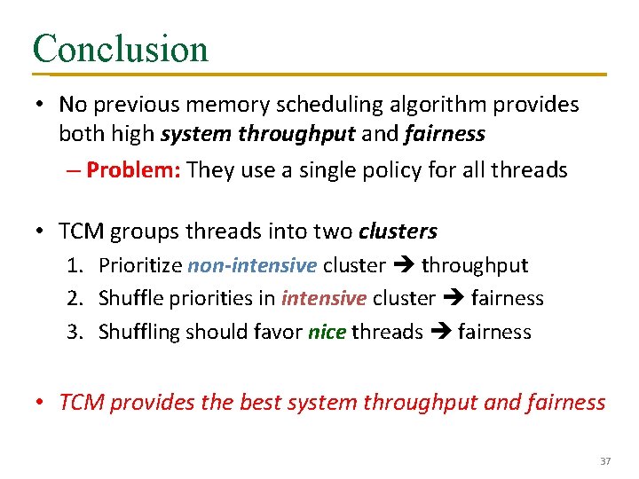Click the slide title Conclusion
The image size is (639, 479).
(x=120, y=48)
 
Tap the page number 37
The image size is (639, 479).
(x=606, y=461)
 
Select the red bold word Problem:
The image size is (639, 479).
(x=134, y=170)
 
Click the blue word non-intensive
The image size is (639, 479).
(x=252, y=265)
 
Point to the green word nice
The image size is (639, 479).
(x=327, y=332)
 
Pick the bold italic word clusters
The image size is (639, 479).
(x=398, y=232)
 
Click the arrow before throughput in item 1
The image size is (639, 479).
(x=403, y=265)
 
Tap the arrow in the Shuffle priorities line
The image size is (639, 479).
(x=453, y=299)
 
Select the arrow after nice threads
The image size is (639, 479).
(x=440, y=332)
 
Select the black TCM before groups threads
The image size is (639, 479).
(x=80, y=232)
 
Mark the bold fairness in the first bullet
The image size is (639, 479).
(x=444, y=134)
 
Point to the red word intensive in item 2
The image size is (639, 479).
(x=323, y=299)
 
